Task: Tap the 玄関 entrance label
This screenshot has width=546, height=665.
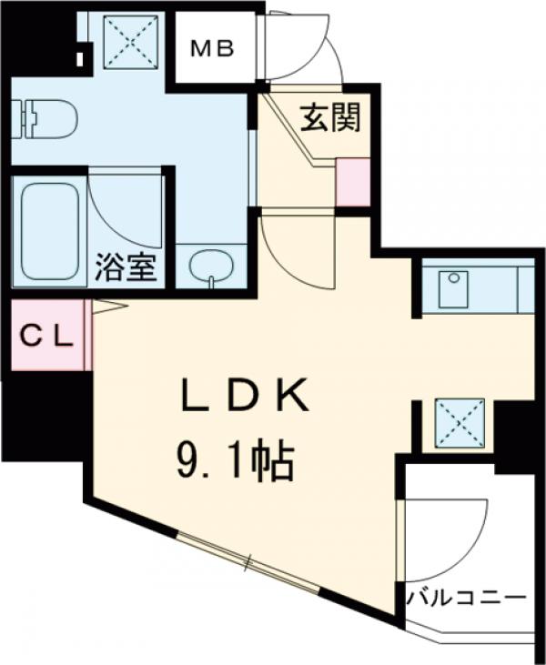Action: click(329, 118)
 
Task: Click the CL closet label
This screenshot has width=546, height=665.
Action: click(45, 337)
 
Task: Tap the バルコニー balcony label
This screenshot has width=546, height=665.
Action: click(467, 600)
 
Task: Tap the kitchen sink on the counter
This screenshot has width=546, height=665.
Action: click(452, 289)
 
